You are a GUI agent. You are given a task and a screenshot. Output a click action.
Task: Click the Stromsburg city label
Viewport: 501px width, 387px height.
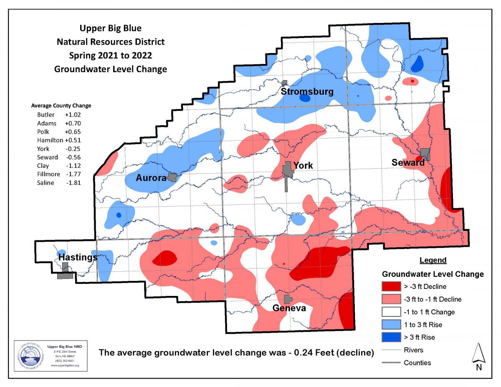coord(307,91)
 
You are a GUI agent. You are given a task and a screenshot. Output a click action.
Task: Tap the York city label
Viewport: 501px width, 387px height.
coord(303,166)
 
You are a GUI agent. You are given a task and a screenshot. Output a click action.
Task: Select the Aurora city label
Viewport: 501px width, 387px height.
coord(151,178)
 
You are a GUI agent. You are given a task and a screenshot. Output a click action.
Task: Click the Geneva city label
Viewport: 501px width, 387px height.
coord(289,309)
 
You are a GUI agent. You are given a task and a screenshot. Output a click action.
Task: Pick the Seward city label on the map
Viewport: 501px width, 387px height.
coord(407,162)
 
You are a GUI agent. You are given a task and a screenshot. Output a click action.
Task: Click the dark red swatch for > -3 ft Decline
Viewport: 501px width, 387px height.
coord(391,286)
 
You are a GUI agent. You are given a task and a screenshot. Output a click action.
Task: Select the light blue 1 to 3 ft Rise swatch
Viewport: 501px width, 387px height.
coord(391,324)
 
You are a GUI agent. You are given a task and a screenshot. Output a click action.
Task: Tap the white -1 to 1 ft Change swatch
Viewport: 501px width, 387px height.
coord(391,312)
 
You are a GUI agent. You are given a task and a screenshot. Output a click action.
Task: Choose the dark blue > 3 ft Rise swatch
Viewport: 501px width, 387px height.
coord(391,337)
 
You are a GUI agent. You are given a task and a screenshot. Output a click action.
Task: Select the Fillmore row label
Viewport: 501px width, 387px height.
coord(48,174)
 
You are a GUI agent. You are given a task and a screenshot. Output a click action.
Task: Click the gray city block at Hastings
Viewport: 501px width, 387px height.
coord(65,275)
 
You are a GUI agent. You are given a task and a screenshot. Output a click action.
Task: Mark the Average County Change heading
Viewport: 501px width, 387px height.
coord(61,106)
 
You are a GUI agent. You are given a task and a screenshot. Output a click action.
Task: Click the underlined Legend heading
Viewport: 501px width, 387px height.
coord(433,260)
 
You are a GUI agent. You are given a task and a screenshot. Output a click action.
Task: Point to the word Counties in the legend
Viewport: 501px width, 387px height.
coord(417,362)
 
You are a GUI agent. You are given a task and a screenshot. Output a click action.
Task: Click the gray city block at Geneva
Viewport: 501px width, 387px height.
coord(288,299)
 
